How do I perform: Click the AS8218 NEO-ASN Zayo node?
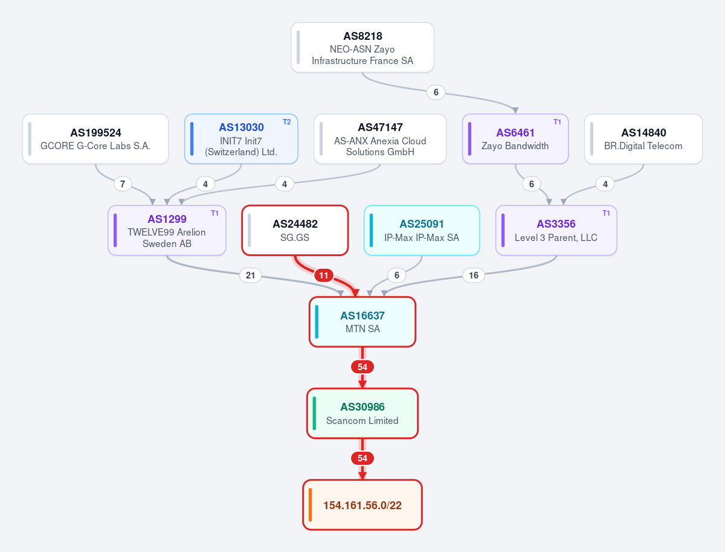pos(362,47)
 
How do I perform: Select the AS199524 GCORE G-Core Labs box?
pos(95,139)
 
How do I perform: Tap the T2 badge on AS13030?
pos(287,122)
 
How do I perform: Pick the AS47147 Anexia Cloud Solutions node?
pos(380,139)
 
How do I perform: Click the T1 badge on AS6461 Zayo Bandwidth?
pos(557,122)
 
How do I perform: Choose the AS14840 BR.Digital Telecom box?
pos(643,139)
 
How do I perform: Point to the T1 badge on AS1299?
pos(214,213)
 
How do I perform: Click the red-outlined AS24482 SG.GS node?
pos(295,230)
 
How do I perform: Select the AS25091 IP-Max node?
pos(422,230)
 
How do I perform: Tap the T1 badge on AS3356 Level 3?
pos(606,213)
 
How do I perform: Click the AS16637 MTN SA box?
pos(362,322)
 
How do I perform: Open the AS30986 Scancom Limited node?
pos(362,413)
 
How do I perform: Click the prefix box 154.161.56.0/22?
pos(362,505)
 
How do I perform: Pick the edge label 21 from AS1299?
pos(250,275)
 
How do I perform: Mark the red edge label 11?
pos(324,275)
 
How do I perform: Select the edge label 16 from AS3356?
pos(474,275)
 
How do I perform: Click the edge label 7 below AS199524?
pos(123,184)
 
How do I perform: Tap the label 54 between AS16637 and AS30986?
pos(362,367)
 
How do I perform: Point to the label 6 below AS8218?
pos(436,92)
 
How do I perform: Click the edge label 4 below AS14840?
pos(605,184)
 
